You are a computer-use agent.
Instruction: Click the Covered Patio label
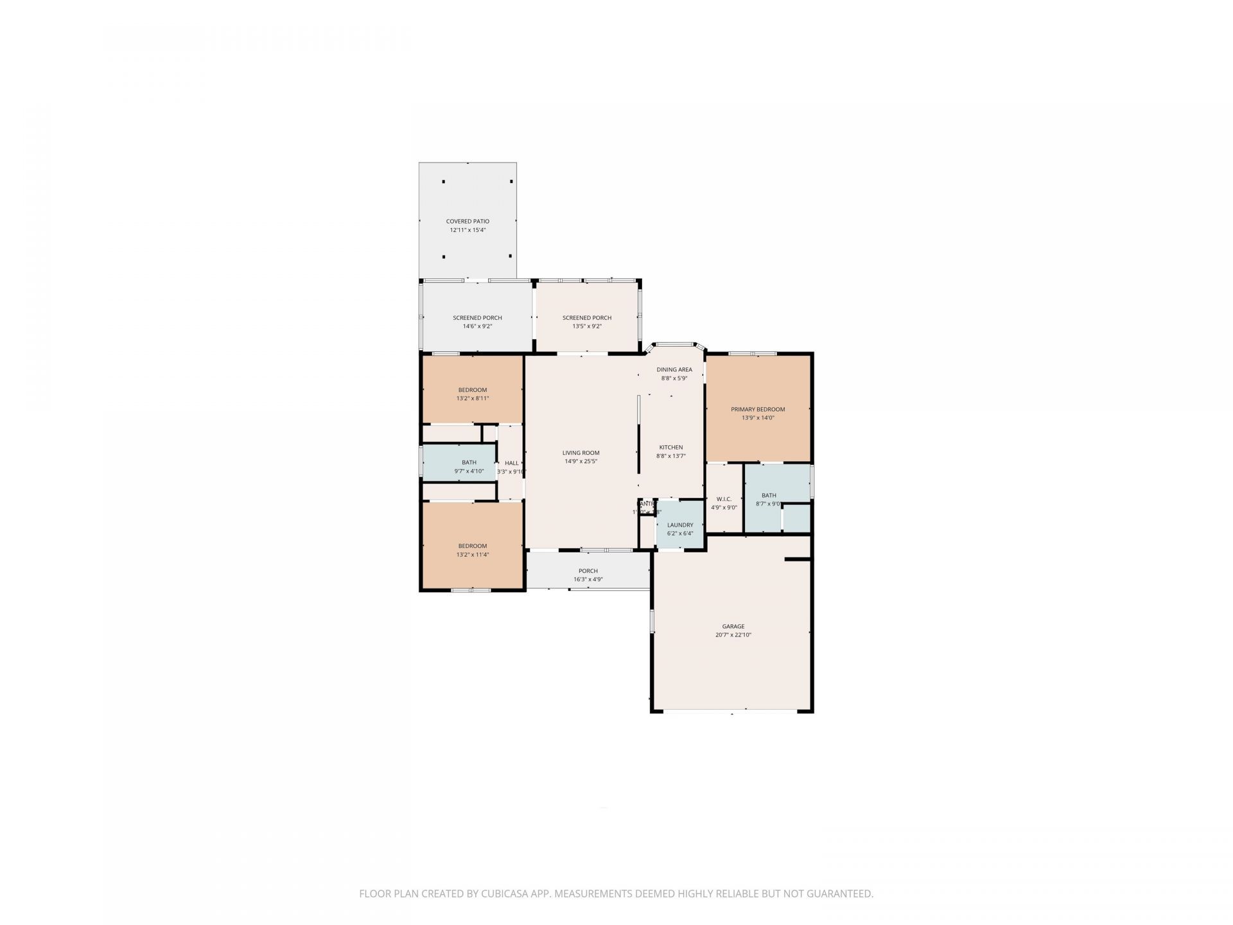click(468, 221)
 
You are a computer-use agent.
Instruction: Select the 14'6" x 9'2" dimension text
click(477, 326)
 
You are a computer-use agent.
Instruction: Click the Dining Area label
click(674, 369)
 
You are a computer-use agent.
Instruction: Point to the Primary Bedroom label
click(758, 409)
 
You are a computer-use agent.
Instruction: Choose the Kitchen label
click(671, 447)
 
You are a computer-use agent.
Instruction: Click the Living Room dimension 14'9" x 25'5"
click(581, 461)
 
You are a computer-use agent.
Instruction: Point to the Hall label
click(511, 463)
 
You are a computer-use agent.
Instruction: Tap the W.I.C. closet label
click(724, 498)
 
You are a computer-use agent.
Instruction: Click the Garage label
click(733, 626)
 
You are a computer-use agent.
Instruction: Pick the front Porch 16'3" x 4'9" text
click(588, 579)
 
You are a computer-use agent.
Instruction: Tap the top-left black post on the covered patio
click(443, 182)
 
